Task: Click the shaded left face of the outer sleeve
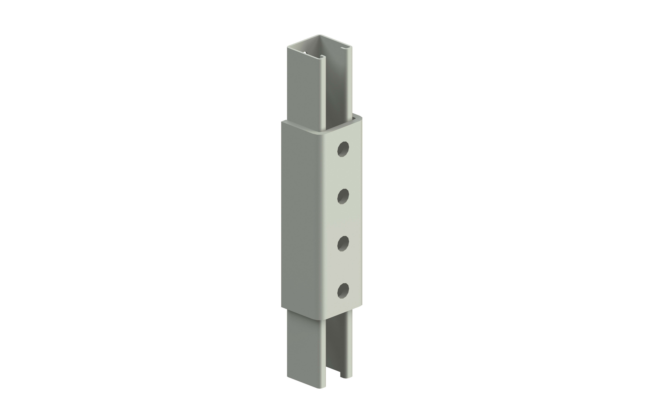(303, 215)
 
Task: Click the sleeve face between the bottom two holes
(343, 267)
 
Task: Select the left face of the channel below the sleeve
(306, 349)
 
